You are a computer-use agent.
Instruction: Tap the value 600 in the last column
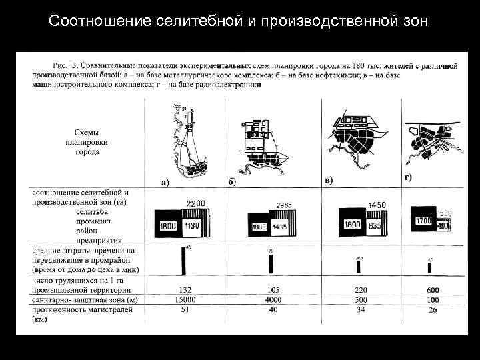[433, 291]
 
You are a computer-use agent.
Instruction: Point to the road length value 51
[186, 309]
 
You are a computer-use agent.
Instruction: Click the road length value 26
[433, 310]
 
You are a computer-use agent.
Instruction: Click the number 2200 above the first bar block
[195, 203]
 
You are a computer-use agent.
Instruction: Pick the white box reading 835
[374, 225]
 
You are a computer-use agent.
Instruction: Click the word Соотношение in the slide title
[93, 21]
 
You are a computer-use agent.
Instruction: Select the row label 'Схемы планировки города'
[87, 142]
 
